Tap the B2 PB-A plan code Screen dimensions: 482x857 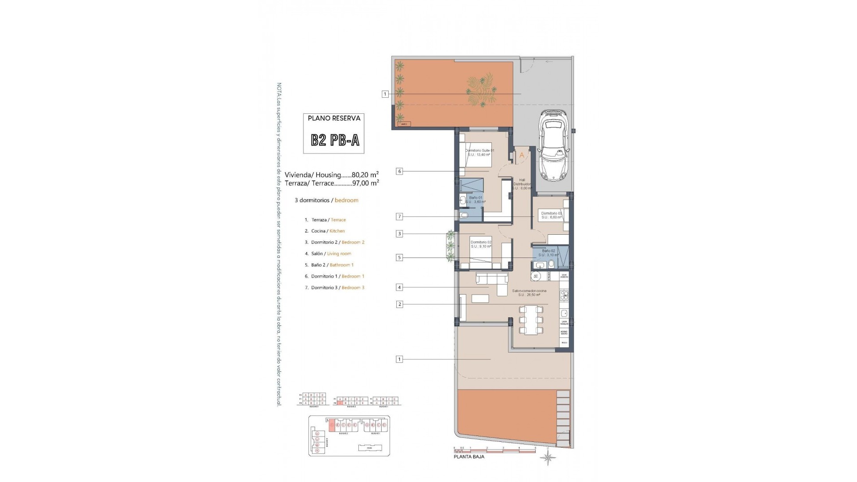coord(335,141)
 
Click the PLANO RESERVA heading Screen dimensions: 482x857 coord(334,119)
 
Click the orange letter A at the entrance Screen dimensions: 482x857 coord(521,155)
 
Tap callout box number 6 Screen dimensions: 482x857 coord(399,171)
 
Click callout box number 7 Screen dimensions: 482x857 coord(399,217)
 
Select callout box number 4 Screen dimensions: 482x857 coord(399,287)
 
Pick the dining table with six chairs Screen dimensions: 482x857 coord(531,320)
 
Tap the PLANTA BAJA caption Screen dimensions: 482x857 coord(469,457)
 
